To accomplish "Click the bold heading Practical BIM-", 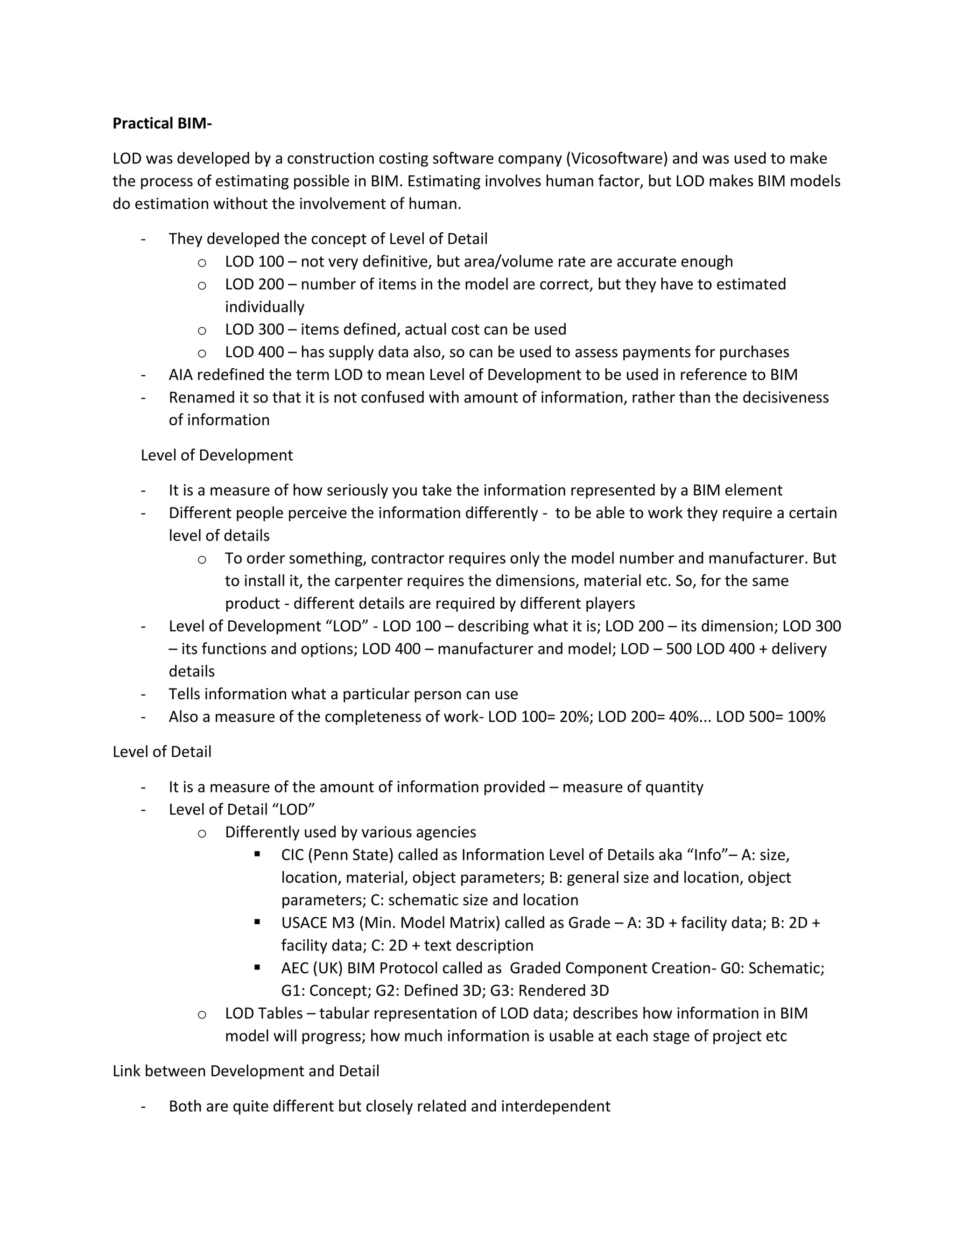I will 162,124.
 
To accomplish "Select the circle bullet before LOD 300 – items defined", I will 202,330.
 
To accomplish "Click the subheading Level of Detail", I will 162,752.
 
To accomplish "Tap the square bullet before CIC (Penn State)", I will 258,854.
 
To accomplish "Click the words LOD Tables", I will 264,1014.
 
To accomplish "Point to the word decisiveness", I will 786,398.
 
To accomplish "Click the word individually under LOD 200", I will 265,307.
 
